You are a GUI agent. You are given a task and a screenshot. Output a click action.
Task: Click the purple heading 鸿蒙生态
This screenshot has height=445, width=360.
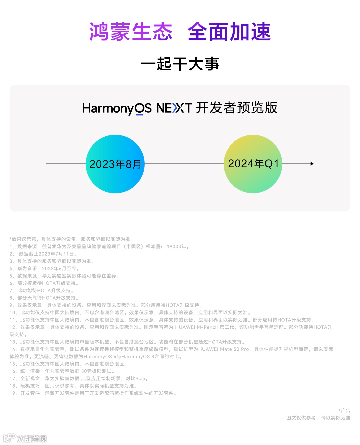point(131,32)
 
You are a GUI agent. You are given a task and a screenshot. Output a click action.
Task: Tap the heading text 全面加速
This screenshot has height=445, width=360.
point(229,32)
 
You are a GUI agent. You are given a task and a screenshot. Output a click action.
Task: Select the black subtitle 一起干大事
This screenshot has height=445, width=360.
point(180,64)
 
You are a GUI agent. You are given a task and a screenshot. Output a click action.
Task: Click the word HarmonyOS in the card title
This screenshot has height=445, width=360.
point(117,108)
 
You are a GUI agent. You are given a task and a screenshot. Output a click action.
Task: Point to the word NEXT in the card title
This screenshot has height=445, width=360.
point(174,108)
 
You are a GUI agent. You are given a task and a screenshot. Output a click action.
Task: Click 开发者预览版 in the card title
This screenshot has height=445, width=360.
point(236,108)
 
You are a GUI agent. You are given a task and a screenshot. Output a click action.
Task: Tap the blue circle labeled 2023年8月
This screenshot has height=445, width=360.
point(115,164)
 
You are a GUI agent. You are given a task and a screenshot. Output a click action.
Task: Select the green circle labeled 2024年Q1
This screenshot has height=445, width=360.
point(253,164)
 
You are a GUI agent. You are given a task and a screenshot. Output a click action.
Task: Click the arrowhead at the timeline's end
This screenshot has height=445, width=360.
point(312,164)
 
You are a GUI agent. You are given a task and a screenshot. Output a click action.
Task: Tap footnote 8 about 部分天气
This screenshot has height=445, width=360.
point(44,298)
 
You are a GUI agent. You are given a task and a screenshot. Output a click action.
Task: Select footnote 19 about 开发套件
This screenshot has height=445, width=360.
point(93,393)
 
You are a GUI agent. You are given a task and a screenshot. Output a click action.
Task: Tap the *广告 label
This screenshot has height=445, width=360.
point(344,411)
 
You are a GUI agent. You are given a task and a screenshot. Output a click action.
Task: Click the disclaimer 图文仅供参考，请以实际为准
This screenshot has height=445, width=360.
point(318,418)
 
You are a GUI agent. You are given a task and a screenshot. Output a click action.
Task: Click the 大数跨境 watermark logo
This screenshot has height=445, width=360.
point(25,438)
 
